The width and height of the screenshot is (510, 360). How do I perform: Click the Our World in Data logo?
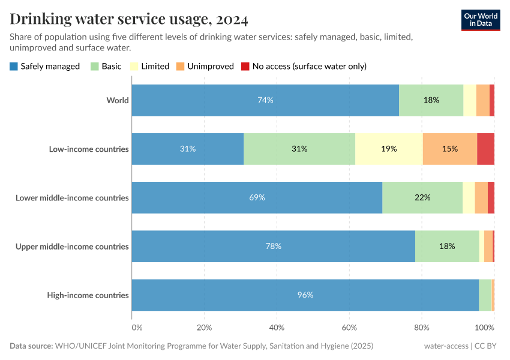click(481, 19)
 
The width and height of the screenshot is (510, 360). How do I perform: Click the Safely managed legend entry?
click(45, 66)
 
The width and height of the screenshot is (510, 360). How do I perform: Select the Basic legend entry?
click(106, 66)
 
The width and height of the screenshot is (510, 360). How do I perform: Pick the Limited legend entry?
click(149, 66)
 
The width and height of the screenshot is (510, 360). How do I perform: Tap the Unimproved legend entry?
click(205, 66)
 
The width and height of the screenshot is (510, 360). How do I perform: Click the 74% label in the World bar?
click(265, 100)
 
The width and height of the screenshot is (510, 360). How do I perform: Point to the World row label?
click(118, 100)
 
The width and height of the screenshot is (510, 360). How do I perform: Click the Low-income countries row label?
click(89, 149)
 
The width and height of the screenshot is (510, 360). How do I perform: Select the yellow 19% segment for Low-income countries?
click(389, 149)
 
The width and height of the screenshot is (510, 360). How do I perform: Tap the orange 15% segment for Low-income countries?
click(450, 149)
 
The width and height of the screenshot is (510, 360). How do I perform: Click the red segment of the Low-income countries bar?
click(485, 149)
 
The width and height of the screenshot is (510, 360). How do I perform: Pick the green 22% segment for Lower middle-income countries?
click(422, 197)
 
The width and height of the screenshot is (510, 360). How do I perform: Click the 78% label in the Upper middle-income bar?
click(273, 246)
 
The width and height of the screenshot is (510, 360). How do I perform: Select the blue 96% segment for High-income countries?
click(305, 295)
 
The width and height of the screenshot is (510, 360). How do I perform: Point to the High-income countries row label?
click(88, 295)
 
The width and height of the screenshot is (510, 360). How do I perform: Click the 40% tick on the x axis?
click(277, 328)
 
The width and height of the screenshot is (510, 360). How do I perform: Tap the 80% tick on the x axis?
click(422, 328)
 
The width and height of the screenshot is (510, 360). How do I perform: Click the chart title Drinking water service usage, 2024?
click(129, 19)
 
